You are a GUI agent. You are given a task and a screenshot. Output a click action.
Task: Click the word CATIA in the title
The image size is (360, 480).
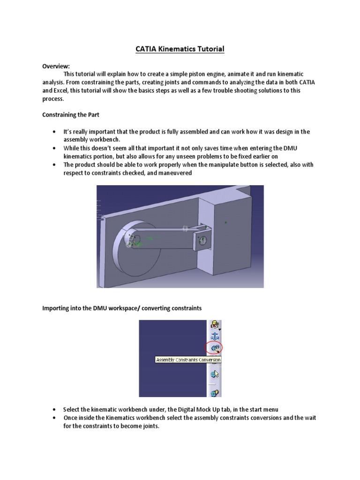pyautogui.click(x=148, y=49)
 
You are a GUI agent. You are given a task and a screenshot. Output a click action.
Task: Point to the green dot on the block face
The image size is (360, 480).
pyautogui.click(x=226, y=223)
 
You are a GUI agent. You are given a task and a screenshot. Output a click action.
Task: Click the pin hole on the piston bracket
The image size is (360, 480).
pyautogui.click(x=203, y=240)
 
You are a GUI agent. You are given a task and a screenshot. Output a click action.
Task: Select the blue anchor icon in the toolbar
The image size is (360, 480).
pyautogui.click(x=215, y=336)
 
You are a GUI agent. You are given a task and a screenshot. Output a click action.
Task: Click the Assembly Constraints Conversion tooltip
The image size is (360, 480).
pyautogui.click(x=188, y=360)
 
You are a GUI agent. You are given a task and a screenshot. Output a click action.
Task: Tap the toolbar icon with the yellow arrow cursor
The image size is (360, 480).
pyautogui.click(x=215, y=374)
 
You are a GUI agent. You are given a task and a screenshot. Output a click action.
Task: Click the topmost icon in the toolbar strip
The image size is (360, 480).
pyautogui.click(x=215, y=324)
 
